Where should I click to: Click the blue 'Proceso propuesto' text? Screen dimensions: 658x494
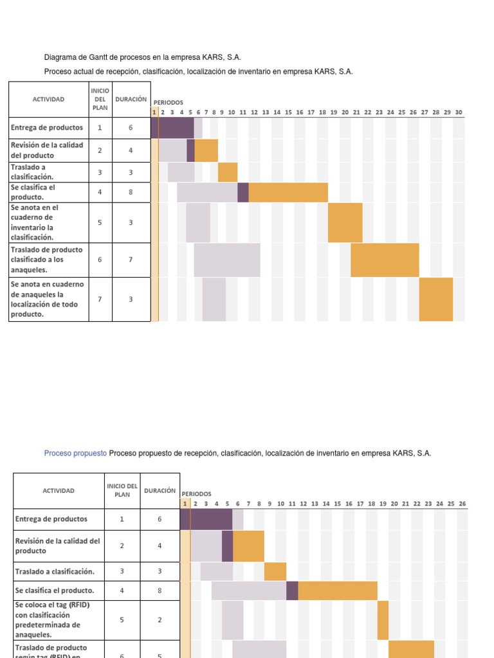click(x=75, y=453)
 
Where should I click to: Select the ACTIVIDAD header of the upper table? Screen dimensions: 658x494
click(x=48, y=100)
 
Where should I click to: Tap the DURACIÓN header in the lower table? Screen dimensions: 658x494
click(x=160, y=490)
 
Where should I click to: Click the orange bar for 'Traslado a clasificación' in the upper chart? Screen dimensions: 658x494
click(x=228, y=172)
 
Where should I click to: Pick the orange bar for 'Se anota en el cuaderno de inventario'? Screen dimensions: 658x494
click(x=345, y=222)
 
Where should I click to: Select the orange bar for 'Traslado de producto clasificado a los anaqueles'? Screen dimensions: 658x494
click(x=385, y=260)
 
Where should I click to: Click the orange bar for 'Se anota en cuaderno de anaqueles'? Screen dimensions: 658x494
click(x=436, y=299)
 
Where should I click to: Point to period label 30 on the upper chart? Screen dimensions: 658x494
click(x=459, y=112)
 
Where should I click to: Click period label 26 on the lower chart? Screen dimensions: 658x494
click(x=462, y=504)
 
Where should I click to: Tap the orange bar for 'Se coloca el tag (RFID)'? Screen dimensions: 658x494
click(x=383, y=620)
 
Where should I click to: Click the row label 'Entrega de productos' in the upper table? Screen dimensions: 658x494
click(x=46, y=127)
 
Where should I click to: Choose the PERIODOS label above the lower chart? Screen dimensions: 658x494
click(x=196, y=493)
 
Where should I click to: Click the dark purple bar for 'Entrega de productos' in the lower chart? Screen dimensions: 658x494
click(x=211, y=519)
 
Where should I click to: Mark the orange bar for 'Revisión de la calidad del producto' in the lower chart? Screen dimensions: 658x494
click(x=248, y=546)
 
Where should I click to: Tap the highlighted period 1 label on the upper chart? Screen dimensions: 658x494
click(x=154, y=112)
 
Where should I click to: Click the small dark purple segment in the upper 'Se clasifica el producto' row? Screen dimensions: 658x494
click(x=243, y=192)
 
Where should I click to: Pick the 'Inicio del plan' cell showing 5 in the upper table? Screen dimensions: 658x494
click(x=100, y=222)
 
